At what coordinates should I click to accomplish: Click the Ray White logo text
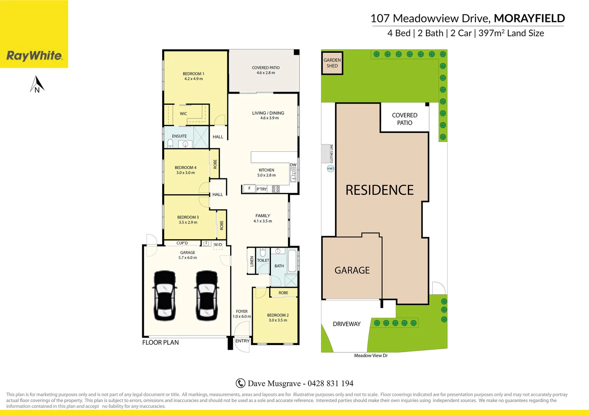pos(34,56)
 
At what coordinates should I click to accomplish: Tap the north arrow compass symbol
pos(37,84)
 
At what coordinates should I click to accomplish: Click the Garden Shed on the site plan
pos(332,63)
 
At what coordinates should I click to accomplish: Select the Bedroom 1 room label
pos(194,76)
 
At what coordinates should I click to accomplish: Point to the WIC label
pos(183,114)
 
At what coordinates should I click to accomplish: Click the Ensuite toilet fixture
pos(170,144)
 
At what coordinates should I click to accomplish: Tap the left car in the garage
pos(165,296)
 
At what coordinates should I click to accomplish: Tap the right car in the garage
pos(207,296)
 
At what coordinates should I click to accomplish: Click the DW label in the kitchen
pos(293,165)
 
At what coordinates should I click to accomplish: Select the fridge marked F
pos(249,188)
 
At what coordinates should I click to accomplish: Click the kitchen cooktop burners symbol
pos(276,189)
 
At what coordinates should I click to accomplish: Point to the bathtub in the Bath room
pos(292,261)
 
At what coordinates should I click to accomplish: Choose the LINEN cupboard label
pos(252,261)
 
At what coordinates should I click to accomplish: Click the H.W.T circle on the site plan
pos(330,168)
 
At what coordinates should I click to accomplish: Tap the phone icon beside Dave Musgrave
pos(240,383)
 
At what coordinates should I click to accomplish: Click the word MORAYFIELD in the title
pos(529,18)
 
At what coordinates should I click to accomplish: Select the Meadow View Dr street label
pos(371,356)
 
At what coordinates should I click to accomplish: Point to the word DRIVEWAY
pos(347,324)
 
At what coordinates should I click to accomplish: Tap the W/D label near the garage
pos(218,245)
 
